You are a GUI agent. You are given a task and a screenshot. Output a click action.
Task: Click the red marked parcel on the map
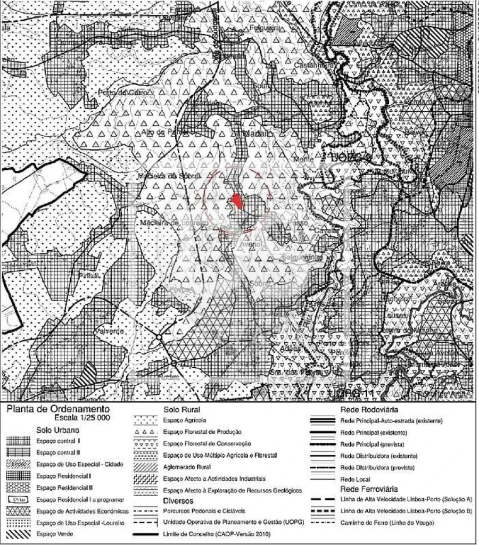coord(236,201)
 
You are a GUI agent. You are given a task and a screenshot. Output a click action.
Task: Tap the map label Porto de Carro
coord(118,93)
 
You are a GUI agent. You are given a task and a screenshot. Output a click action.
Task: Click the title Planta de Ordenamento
coord(57,409)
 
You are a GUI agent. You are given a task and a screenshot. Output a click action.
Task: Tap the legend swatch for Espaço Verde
coord(18,533)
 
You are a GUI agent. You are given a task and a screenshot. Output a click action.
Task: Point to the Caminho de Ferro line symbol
coord(323,522)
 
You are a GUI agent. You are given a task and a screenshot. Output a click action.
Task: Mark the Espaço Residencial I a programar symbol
coord(18,499)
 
